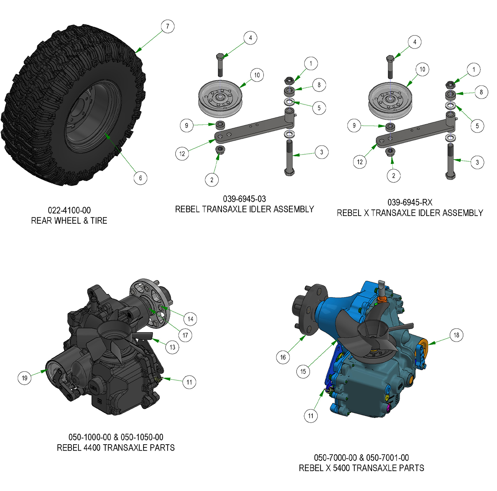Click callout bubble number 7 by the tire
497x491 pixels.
click(x=168, y=26)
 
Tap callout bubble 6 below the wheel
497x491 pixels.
click(x=140, y=178)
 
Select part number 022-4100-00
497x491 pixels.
click(x=69, y=210)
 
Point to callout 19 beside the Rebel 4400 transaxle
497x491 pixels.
click(x=24, y=378)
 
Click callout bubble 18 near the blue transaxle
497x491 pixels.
click(x=456, y=335)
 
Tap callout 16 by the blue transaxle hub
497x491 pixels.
click(x=283, y=357)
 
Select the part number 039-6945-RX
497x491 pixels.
click(x=410, y=202)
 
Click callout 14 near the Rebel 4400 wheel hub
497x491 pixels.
click(x=190, y=319)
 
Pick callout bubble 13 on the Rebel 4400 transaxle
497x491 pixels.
click(x=172, y=347)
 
